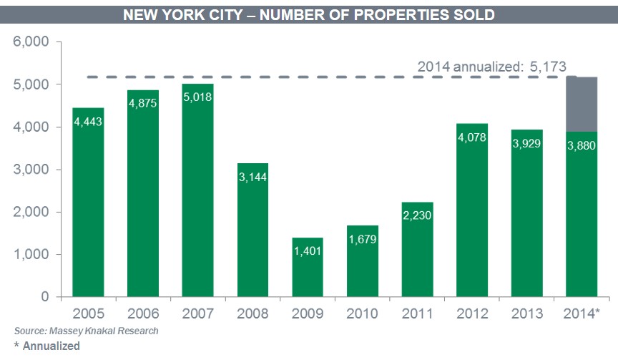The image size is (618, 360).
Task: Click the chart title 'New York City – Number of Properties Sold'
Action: [x=308, y=14]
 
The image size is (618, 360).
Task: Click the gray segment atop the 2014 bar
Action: [x=582, y=104]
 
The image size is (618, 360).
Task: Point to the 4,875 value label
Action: [x=143, y=103]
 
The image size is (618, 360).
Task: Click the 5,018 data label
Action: [x=198, y=97]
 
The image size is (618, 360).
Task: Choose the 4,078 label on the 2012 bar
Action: [x=472, y=137]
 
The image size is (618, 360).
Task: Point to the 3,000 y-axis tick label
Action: [x=31, y=170]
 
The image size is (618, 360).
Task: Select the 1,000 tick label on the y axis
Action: [x=31, y=254]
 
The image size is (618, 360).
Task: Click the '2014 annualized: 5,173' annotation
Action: [x=491, y=67]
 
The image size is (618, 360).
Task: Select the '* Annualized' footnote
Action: [x=46, y=346]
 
